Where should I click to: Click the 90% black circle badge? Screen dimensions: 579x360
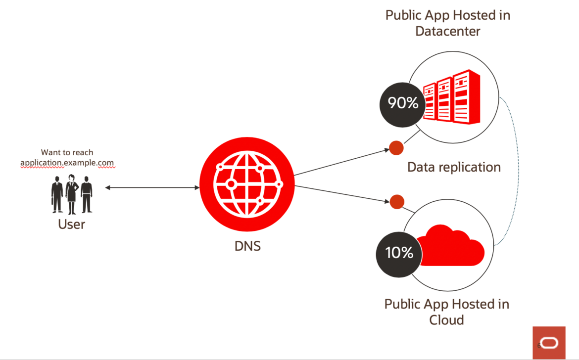tap(402, 105)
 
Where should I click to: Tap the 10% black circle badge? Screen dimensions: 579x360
tap(399, 255)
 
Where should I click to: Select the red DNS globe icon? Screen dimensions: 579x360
tap(247, 184)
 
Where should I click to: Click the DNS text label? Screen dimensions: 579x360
tap(247, 246)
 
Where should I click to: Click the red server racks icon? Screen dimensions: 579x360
tap(452, 96)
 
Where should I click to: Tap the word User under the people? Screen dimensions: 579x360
tap(71, 225)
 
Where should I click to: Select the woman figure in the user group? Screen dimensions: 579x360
tap(72, 194)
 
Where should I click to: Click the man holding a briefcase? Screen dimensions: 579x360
tap(57, 194)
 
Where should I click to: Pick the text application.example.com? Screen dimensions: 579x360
tap(67, 163)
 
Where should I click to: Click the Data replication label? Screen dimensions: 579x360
tap(454, 167)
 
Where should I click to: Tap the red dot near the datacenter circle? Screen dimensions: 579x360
tap(396, 148)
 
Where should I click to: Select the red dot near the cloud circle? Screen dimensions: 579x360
tap(397, 202)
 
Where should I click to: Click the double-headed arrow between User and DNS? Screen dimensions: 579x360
tap(152, 188)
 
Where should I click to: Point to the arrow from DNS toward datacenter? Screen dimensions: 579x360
tap(341, 162)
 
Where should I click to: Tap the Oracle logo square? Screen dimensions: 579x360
tap(549, 343)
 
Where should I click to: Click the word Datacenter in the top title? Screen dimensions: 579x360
tap(447, 31)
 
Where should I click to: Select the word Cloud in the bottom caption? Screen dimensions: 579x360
tap(446, 320)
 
